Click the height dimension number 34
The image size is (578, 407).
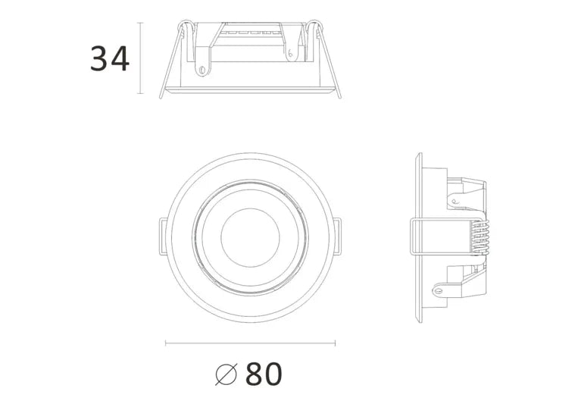point(110,59)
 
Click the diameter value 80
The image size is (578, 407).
point(264,374)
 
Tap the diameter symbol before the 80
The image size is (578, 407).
point(227,374)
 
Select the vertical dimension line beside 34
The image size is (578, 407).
point(139,59)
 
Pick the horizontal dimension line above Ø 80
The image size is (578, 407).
point(250,343)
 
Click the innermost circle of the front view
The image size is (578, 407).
point(250,237)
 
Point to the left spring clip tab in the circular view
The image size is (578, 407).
point(163,236)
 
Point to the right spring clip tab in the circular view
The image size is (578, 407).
point(337,236)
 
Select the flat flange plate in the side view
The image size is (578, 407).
point(418,237)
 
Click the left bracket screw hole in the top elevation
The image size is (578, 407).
point(202,70)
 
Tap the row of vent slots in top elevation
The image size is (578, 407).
point(249,32)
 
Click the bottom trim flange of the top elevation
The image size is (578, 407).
point(250,91)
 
